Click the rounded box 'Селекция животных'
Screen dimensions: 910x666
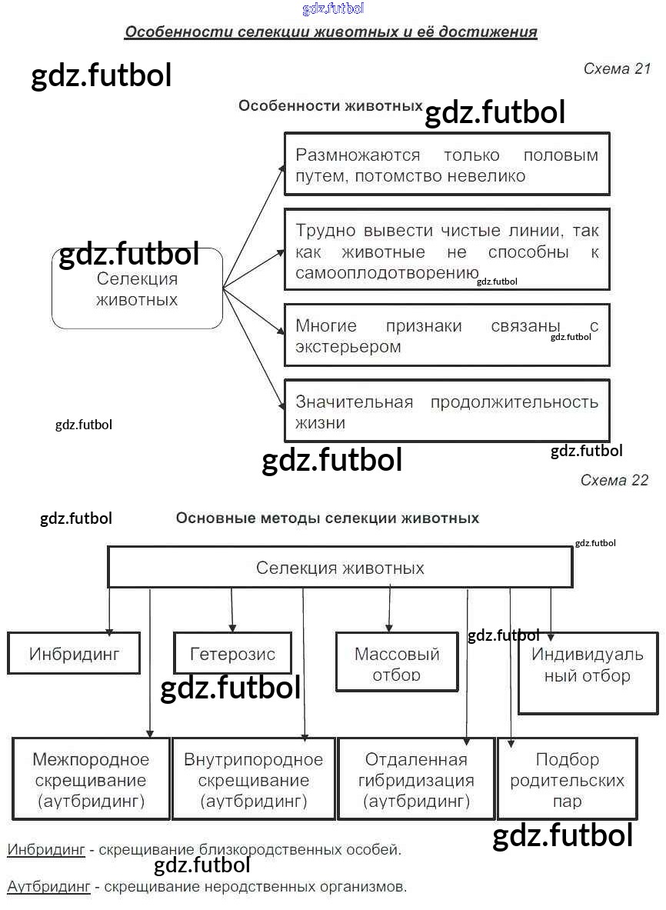tap(137, 289)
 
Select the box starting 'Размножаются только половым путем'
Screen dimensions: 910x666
tap(447, 165)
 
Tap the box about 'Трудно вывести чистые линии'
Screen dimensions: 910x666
tap(447, 249)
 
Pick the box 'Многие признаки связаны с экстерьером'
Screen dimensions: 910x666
tap(447, 335)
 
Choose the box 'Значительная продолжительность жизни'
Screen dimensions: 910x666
tap(447, 411)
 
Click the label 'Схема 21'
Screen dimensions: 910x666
tap(617, 68)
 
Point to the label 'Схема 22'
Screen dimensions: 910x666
tap(614, 481)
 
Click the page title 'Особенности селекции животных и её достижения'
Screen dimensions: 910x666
tap(331, 32)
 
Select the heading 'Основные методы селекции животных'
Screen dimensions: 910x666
tap(328, 518)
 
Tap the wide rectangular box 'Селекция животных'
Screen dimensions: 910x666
tap(340, 568)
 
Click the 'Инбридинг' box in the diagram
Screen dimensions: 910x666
tap(75, 654)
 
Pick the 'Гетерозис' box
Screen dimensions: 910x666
tap(232, 654)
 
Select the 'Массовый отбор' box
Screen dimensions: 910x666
tap(397, 662)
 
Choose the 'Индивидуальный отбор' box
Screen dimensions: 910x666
tap(588, 672)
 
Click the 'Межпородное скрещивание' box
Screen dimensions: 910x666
tap(91, 779)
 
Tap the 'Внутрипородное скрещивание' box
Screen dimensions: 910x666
tap(254, 779)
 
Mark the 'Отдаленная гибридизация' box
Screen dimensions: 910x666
tap(416, 779)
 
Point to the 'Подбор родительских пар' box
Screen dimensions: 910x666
tap(568, 779)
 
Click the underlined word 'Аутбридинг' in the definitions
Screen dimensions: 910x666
tap(48, 887)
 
